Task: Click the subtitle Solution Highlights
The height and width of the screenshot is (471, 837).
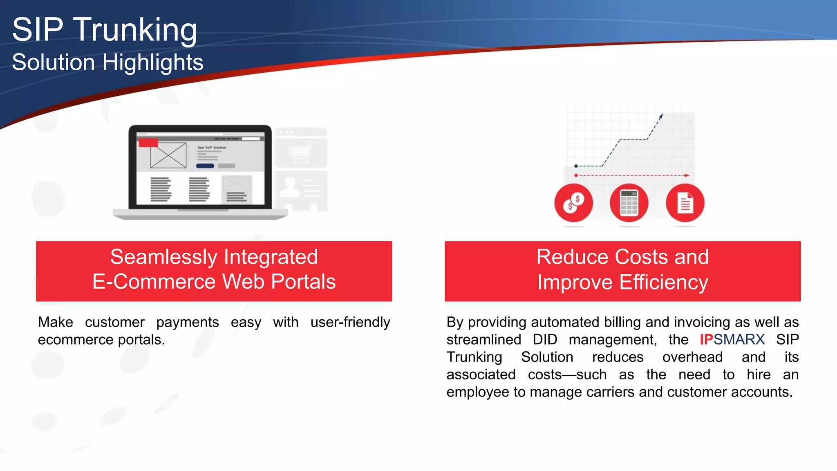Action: (x=107, y=63)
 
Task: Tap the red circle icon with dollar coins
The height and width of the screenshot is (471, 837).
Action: (x=573, y=203)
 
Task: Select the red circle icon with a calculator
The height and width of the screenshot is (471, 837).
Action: (x=629, y=203)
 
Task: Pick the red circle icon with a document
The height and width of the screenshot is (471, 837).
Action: (x=685, y=203)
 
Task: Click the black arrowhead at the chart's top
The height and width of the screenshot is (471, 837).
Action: (x=661, y=117)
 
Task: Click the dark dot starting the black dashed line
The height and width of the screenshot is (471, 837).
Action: (x=576, y=166)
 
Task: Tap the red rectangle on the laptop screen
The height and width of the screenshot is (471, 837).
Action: (x=148, y=143)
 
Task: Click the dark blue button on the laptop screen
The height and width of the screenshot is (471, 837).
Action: (x=205, y=166)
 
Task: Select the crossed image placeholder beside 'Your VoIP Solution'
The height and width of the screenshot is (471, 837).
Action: (x=168, y=155)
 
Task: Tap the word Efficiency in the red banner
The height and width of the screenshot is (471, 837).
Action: (x=663, y=283)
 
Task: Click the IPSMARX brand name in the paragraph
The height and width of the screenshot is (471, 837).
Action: (x=732, y=340)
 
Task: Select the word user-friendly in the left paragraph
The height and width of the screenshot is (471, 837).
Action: (x=350, y=322)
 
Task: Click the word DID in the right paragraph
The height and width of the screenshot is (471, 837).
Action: (x=545, y=340)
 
